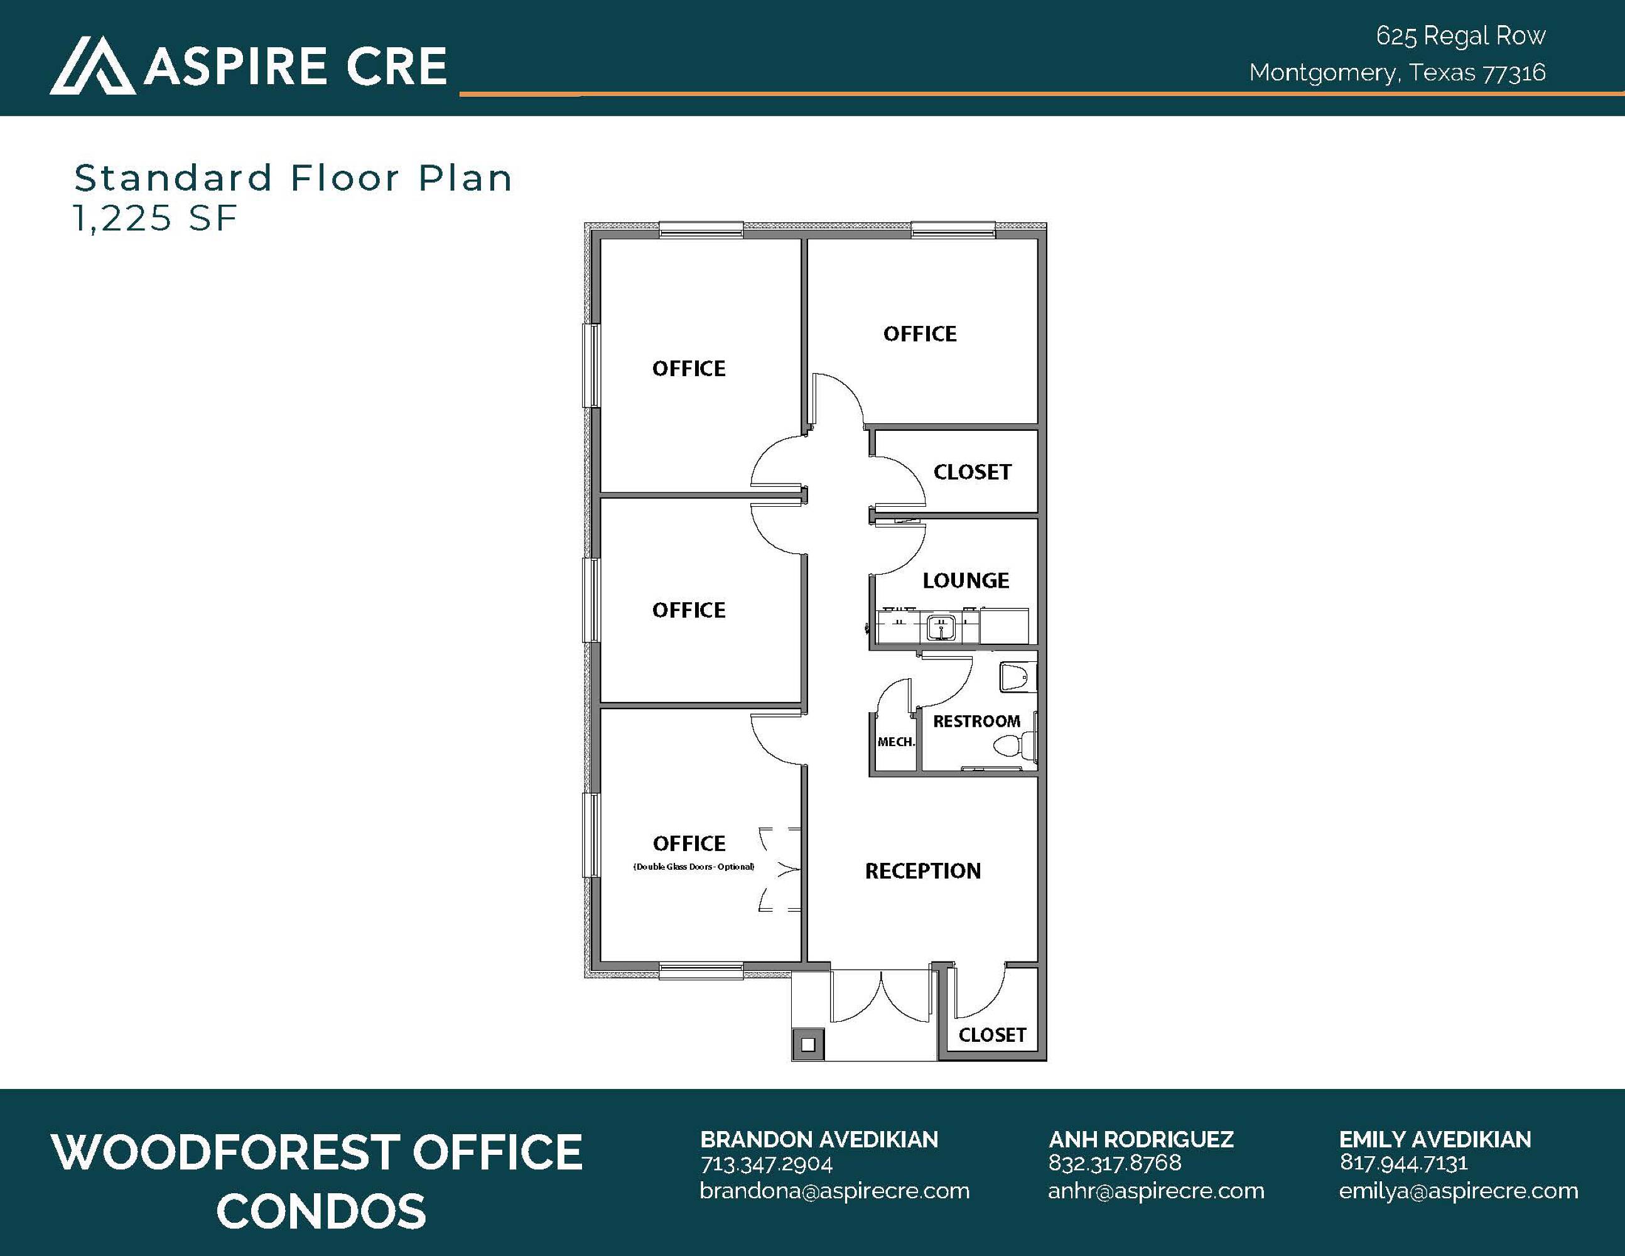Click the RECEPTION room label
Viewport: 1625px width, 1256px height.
click(x=922, y=870)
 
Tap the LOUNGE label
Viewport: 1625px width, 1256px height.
click(x=966, y=580)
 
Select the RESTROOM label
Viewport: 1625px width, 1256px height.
click(x=976, y=721)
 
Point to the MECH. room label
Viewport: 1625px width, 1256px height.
click(x=896, y=742)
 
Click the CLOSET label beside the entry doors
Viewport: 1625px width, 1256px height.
click(x=992, y=1035)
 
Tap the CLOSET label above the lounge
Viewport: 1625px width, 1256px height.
click(x=973, y=472)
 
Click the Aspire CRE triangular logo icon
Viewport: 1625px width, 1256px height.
click(x=93, y=65)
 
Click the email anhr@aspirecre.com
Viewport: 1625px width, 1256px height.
click(x=1156, y=1191)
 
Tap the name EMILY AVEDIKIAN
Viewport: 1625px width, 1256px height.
click(x=1435, y=1139)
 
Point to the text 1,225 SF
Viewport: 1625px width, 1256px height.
click(x=154, y=218)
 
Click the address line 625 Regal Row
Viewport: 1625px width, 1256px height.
click(x=1460, y=36)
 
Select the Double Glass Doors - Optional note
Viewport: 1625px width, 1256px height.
click(x=693, y=867)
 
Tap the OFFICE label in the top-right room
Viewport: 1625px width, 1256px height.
click(x=920, y=334)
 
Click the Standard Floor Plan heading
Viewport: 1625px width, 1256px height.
click(x=293, y=178)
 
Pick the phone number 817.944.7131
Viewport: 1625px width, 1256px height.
click(x=1403, y=1163)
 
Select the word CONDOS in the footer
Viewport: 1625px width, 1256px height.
click(x=321, y=1211)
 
